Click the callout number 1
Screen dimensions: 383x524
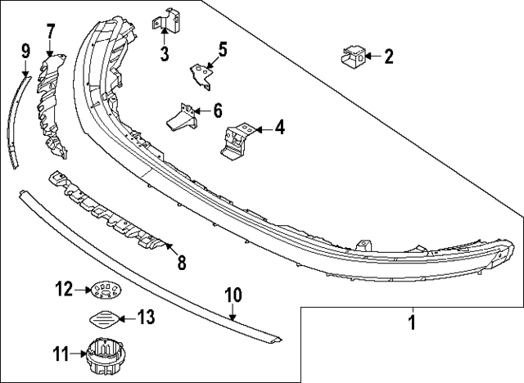[x=413, y=322]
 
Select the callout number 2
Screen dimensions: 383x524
[x=389, y=56]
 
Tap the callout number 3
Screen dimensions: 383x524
[x=165, y=55]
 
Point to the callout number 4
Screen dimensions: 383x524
[x=279, y=128]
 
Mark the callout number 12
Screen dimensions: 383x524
[x=62, y=289]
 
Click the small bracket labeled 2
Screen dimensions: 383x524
[x=352, y=56]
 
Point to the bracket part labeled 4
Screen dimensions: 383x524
[x=235, y=137]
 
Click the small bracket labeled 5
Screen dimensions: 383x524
[x=201, y=72]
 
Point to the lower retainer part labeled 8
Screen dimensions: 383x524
[x=106, y=211]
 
